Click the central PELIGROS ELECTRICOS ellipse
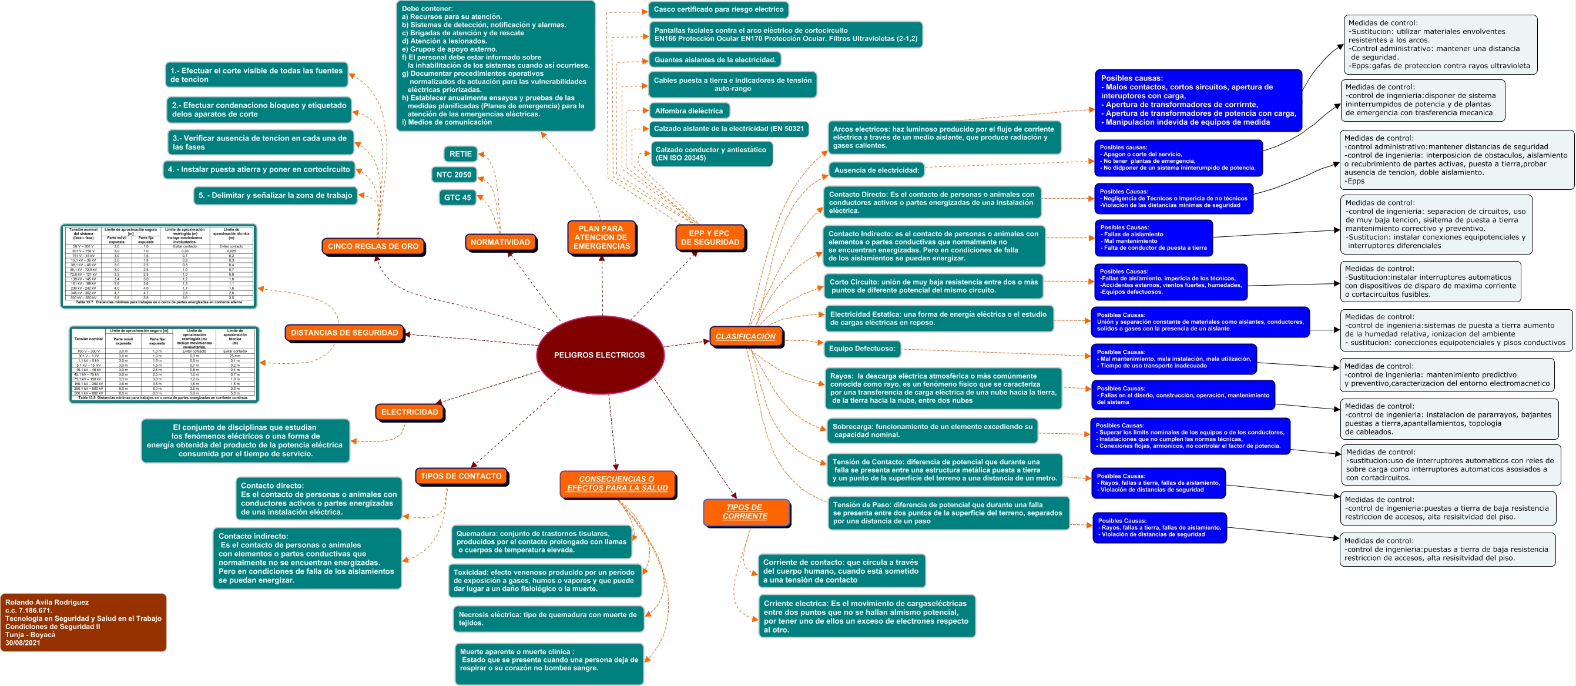point(599,355)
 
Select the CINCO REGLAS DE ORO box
point(373,247)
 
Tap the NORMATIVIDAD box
point(500,242)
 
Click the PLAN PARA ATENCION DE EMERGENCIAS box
point(601,237)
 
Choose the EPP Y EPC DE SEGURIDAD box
point(710,237)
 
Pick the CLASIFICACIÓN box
point(745,337)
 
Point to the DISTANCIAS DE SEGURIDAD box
point(344,333)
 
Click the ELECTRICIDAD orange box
point(410,412)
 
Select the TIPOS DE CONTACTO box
point(461,476)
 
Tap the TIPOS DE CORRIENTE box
point(745,511)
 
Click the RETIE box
point(460,154)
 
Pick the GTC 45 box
point(457,198)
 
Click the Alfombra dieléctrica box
point(688,111)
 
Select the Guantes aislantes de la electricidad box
point(715,60)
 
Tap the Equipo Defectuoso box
point(861,349)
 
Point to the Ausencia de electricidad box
point(876,170)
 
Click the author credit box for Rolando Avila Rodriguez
point(83,622)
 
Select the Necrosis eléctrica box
point(548,618)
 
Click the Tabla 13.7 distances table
point(159,266)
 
